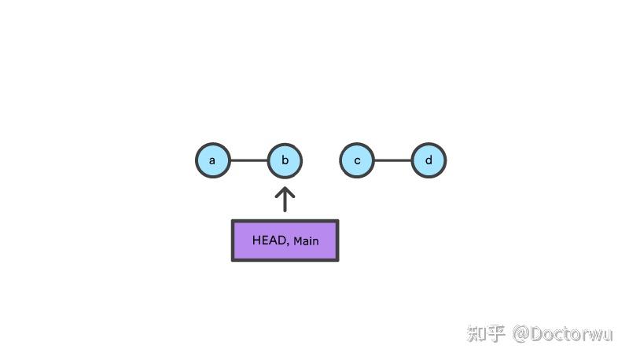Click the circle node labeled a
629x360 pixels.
213,160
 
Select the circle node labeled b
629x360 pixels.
285,160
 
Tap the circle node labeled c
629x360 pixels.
357,160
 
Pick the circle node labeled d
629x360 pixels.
429,160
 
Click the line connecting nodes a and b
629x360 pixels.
249,160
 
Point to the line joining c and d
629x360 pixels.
393,160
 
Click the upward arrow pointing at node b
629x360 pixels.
285,199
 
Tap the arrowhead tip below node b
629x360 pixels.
285,187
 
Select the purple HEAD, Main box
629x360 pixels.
285,241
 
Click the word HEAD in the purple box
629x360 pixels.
269,241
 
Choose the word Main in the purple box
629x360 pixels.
306,241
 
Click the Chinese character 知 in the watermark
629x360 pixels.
476,333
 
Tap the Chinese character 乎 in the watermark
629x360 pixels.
495,333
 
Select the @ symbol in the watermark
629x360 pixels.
521,334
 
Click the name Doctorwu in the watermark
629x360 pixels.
572,334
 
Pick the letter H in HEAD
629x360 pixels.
256,241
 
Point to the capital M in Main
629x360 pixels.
298,241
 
